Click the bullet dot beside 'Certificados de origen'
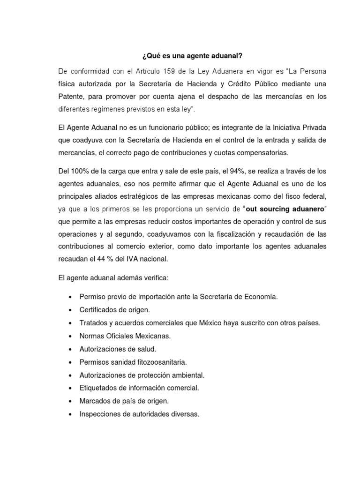pos(70,310)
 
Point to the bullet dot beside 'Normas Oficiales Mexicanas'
pos(70,337)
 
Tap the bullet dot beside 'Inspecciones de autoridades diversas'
pos(70,414)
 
